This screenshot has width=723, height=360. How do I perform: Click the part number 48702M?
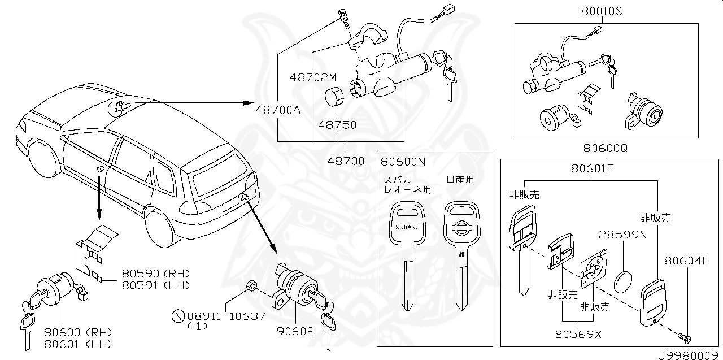(312, 76)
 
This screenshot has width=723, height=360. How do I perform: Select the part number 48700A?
(277, 110)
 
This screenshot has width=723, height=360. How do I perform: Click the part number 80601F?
(591, 168)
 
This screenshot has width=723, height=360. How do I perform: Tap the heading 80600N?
(403, 161)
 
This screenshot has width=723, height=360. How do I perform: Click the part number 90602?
(294, 331)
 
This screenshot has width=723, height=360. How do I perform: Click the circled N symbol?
(178, 316)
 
